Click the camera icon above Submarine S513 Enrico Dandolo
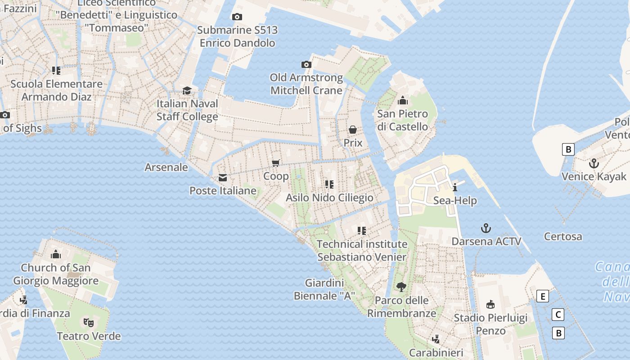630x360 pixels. [237, 17]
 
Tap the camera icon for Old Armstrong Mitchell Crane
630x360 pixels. [306, 65]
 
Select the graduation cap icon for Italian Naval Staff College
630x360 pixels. [187, 90]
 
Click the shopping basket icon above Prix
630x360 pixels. [353, 130]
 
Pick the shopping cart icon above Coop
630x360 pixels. [276, 163]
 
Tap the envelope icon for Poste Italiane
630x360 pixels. [223, 178]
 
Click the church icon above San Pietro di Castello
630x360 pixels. [402, 100]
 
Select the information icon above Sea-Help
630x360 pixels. [455, 187]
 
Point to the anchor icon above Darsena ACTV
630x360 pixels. [486, 228]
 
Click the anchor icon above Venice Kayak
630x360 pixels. [594, 163]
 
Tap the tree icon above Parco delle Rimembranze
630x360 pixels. [401, 287]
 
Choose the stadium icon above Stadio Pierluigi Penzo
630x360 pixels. [490, 305]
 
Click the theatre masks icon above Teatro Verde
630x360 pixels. [89, 322]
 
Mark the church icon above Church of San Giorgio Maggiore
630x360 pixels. [56, 254]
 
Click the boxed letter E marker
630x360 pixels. [543, 296]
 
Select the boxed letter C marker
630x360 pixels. [558, 315]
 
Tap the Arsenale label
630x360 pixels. [166, 167]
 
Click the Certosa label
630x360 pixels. [562, 236]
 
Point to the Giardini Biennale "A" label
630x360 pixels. [324, 289]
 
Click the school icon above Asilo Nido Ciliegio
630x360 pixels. [329, 184]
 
